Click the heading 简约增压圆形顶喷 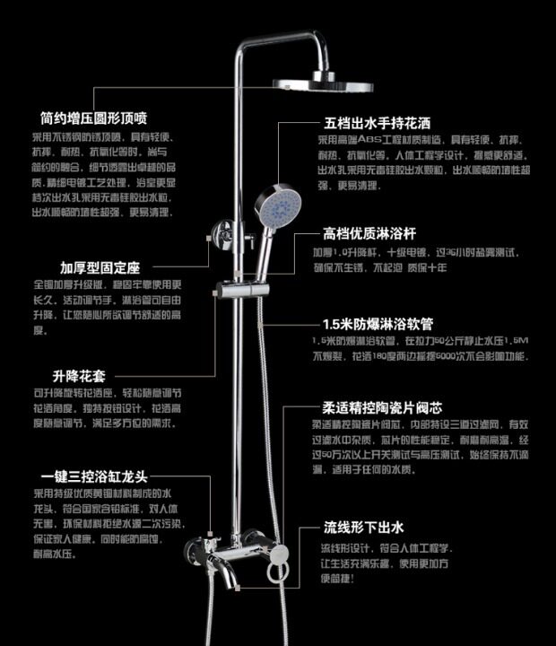(92, 118)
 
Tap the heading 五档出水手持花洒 (375, 123)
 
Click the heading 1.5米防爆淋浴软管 (378, 325)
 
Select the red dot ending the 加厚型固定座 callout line (208, 238)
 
